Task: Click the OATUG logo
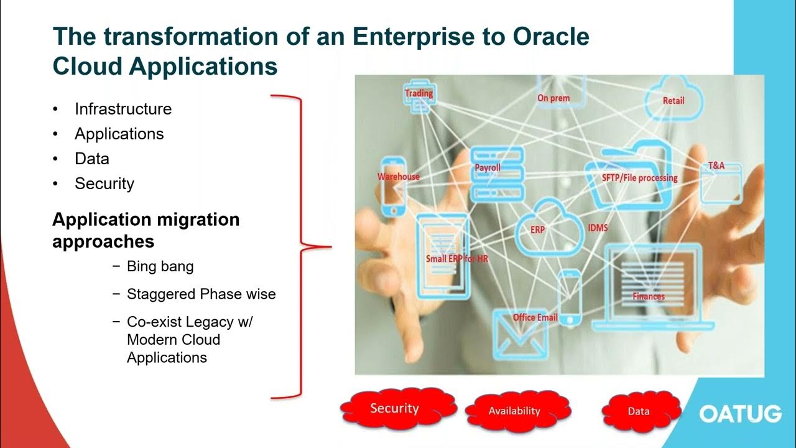click(740, 414)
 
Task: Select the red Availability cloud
click(514, 411)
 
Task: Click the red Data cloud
click(639, 411)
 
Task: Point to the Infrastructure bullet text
click(123, 109)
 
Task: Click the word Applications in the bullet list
click(119, 134)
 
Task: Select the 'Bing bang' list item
click(160, 266)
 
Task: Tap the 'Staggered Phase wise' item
click(201, 294)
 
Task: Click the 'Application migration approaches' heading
click(146, 230)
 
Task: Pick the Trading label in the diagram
click(419, 94)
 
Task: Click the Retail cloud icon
click(673, 98)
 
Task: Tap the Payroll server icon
click(497, 173)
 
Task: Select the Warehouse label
click(398, 177)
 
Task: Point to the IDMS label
click(598, 228)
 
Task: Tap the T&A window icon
click(721, 182)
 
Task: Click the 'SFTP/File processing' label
click(639, 178)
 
